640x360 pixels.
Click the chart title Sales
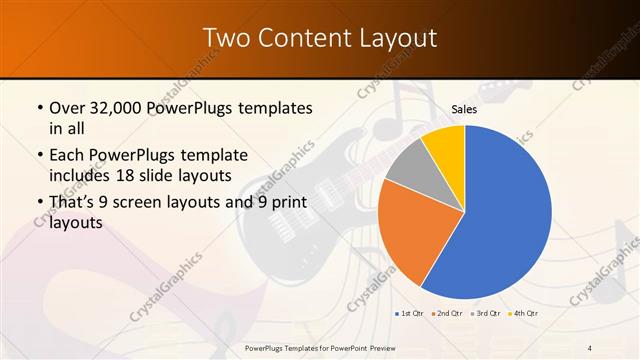coord(464,108)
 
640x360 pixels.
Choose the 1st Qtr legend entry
coord(411,315)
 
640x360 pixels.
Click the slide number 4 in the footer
coord(590,347)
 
